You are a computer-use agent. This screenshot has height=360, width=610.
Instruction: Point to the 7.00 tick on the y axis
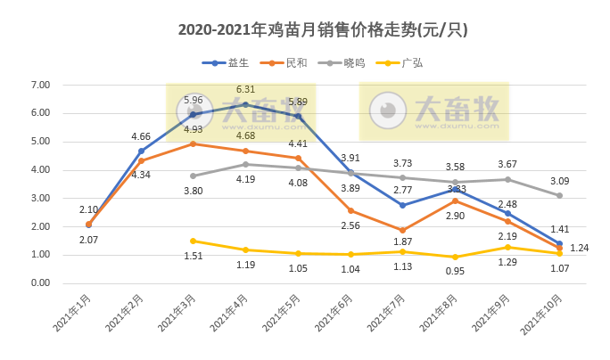[39, 85]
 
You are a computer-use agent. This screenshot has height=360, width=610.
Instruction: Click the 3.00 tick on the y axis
[39, 198]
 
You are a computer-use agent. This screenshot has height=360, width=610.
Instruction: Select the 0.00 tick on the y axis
[39, 283]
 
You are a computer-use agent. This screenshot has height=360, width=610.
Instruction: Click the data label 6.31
[245, 90]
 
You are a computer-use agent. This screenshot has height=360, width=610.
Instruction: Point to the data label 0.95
[456, 273]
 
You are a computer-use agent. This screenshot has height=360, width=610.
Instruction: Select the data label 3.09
[559, 182]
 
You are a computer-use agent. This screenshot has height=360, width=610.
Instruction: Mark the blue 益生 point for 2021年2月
[141, 151]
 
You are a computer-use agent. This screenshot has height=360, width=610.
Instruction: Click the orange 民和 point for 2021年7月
[403, 230]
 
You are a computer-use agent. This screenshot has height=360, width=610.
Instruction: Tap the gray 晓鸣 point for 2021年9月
[507, 179]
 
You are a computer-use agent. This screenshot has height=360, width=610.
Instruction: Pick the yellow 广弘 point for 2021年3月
[194, 241]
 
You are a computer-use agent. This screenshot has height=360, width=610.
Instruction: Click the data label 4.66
[141, 136]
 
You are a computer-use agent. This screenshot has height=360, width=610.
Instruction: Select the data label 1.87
[403, 242]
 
